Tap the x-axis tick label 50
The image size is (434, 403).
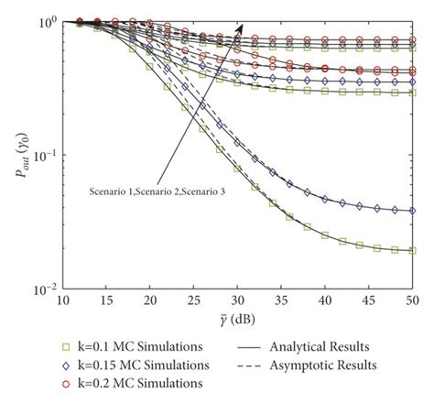[413, 301]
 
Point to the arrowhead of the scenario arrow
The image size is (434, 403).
[241, 28]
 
